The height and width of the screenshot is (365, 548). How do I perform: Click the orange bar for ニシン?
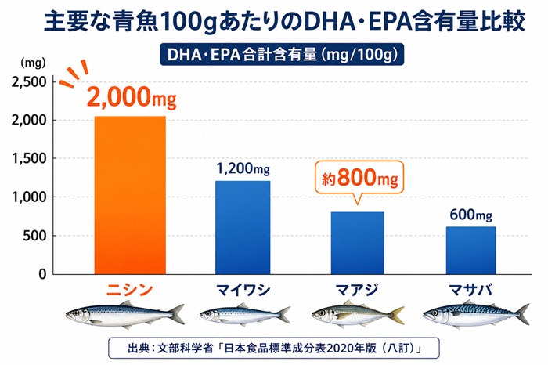click(x=129, y=195)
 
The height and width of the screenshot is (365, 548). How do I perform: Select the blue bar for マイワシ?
click(x=243, y=227)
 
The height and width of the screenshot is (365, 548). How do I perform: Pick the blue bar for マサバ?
click(x=471, y=251)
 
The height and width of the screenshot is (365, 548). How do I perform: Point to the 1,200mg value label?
click(x=243, y=168)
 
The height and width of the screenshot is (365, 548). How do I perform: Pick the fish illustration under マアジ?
click(x=358, y=315)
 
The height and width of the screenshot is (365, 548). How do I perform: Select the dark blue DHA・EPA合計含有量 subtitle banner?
click(x=275, y=54)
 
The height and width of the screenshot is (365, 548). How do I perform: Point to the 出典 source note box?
click(x=274, y=345)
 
